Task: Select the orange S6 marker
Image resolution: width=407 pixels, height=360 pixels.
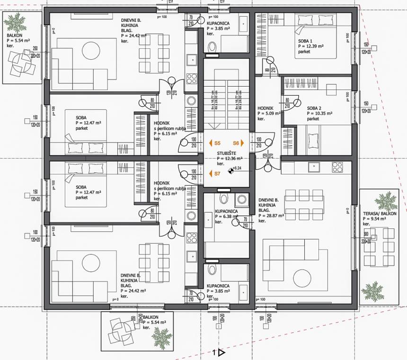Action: (238, 143)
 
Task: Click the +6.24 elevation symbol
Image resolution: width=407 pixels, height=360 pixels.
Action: (231, 169)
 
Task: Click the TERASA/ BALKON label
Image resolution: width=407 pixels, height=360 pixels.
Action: (380, 214)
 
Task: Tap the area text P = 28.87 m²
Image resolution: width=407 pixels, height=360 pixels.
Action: (271, 215)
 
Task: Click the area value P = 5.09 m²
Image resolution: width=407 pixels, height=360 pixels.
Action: (269, 114)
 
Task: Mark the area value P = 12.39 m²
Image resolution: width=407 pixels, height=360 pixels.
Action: (310, 46)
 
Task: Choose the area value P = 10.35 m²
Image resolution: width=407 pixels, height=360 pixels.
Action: (319, 114)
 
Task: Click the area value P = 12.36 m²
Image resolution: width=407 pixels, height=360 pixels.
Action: (230, 159)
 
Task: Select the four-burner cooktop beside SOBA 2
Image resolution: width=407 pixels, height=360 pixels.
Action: (337, 167)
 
